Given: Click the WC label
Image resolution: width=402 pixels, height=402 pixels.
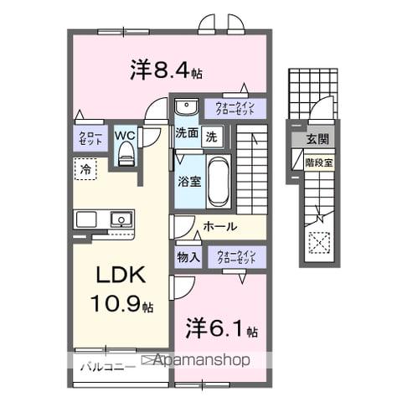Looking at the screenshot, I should [x=125, y=134].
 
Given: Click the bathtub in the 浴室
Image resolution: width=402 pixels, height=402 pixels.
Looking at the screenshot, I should [x=218, y=179].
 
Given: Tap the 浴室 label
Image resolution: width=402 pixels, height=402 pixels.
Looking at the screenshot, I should [x=187, y=181].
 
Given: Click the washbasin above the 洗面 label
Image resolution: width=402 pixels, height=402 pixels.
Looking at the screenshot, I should [x=186, y=107].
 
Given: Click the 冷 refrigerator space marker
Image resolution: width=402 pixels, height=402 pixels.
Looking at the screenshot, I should [x=85, y=169].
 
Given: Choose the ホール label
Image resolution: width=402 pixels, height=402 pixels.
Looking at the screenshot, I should [x=219, y=226].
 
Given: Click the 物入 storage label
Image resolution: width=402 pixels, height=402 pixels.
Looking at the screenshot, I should [x=188, y=257].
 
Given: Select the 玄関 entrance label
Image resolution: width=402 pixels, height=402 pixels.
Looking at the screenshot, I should [x=317, y=140].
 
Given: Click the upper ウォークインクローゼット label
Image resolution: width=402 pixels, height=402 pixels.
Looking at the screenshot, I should [x=234, y=107].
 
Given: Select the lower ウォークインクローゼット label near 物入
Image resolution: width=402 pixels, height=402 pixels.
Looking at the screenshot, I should [x=234, y=256].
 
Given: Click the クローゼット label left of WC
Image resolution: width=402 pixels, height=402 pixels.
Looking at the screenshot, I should [x=90, y=138].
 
